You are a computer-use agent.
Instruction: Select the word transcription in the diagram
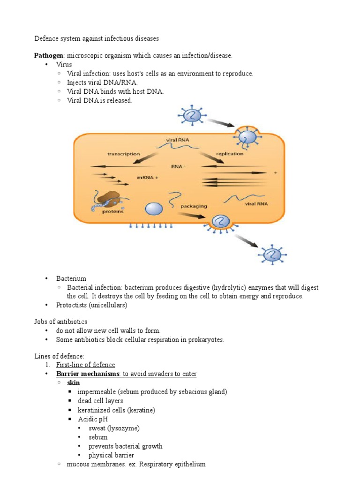click(123, 154)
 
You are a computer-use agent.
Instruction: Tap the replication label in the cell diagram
click(230, 154)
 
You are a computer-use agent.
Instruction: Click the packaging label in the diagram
click(194, 206)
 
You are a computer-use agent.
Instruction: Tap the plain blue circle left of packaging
click(154, 208)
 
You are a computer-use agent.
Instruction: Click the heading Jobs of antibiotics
click(60, 322)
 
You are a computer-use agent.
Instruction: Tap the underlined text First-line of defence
click(85, 365)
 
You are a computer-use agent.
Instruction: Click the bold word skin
click(74, 382)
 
